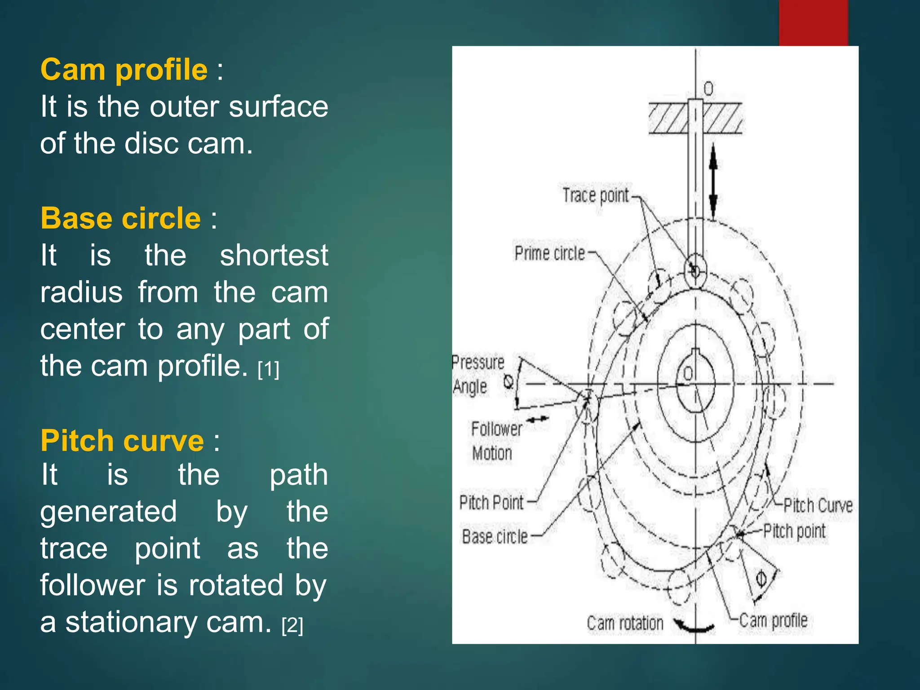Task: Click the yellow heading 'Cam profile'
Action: tap(124, 70)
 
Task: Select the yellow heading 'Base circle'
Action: tap(120, 219)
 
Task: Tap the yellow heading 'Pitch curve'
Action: tap(122, 441)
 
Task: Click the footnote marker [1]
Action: tap(269, 369)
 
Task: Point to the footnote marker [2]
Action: tap(292, 625)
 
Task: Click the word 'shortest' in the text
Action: tap(274, 256)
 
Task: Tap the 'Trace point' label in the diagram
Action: tap(596, 196)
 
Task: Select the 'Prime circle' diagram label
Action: tap(550, 253)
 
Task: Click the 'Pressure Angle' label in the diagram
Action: tap(478, 374)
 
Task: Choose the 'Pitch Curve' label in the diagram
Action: tap(818, 506)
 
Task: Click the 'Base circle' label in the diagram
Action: tap(495, 537)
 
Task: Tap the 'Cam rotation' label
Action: tap(625, 624)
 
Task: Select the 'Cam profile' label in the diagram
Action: tap(773, 621)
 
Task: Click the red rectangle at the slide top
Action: tap(813, 22)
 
